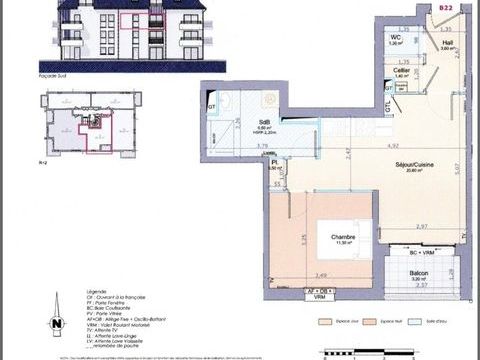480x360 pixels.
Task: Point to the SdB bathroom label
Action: click(238, 122)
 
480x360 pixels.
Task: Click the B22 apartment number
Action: click(445, 7)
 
